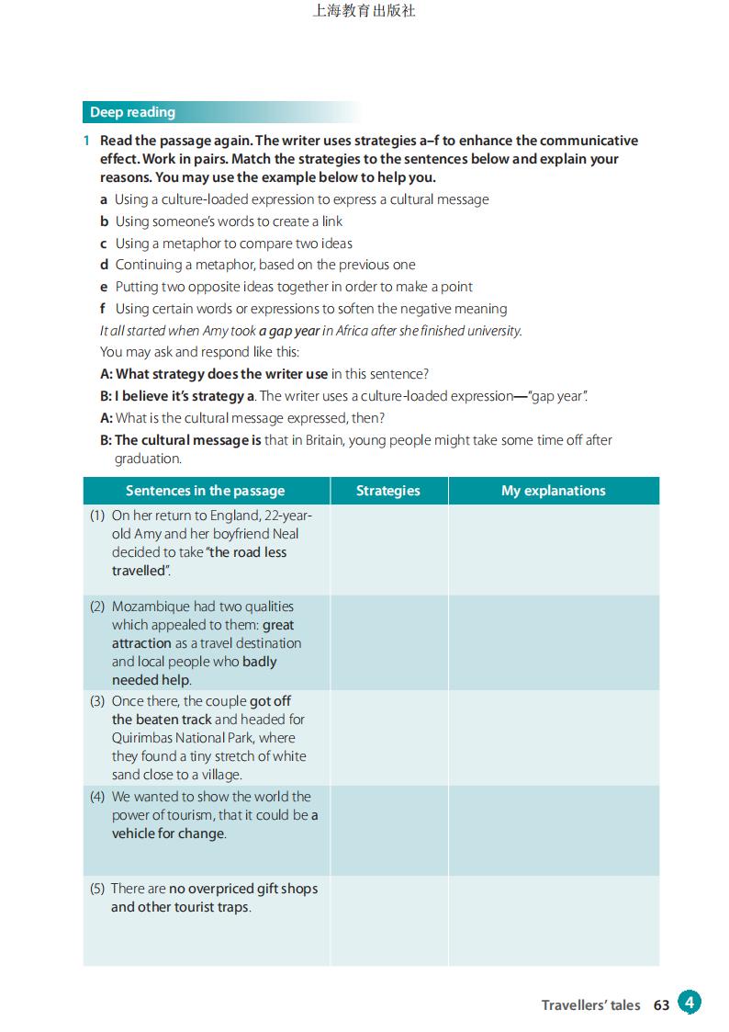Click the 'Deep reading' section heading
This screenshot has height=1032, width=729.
(x=132, y=112)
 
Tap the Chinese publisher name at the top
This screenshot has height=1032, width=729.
(x=364, y=12)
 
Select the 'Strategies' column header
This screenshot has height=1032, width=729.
(x=388, y=491)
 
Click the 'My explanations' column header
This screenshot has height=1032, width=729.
(x=553, y=491)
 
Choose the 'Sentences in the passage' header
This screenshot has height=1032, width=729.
(x=206, y=491)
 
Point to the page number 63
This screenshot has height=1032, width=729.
(x=662, y=1005)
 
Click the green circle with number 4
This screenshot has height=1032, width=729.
(x=690, y=1003)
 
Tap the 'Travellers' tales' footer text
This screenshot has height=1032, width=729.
(x=590, y=1005)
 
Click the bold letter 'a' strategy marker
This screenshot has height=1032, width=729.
(x=104, y=199)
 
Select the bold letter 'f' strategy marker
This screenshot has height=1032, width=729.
(x=104, y=309)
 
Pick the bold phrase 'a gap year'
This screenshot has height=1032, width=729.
(x=288, y=331)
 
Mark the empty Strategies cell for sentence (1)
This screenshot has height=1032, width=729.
(x=388, y=550)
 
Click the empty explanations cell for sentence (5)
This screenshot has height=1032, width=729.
(x=553, y=920)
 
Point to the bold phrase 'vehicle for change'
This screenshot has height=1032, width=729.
(x=168, y=834)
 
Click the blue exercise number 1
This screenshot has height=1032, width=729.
(x=86, y=141)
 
